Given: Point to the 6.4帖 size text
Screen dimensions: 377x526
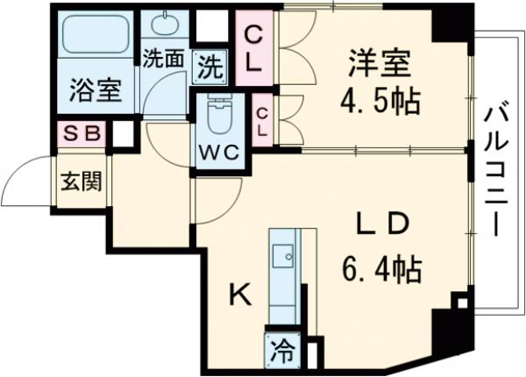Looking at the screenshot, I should pos(380,267).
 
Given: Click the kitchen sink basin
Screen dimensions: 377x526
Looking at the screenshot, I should pos(283,255).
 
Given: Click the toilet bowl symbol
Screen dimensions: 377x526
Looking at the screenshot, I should pos(217,111).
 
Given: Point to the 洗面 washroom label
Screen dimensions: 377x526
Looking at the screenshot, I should pos(164,60).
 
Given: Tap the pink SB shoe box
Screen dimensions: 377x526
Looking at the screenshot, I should pos(81,135).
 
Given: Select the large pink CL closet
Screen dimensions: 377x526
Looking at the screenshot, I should pos(256,49).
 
